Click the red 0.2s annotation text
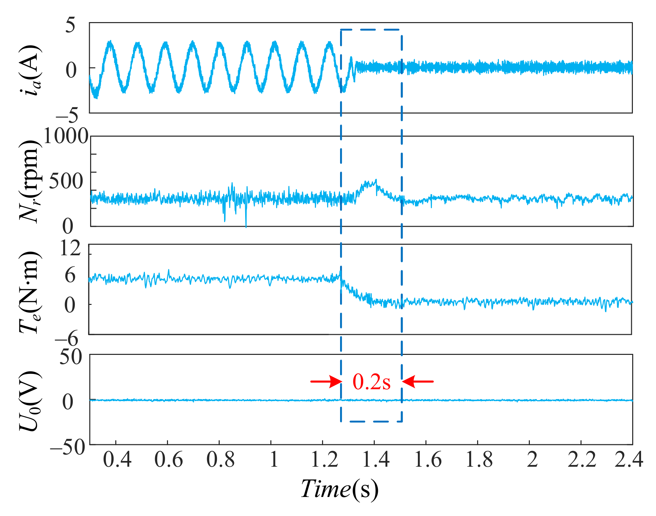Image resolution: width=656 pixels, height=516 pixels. pos(371,382)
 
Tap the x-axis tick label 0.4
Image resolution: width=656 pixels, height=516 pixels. pos(117,460)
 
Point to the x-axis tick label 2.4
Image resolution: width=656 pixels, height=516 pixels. pos(628,460)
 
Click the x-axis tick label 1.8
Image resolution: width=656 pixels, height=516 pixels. pos(479,460)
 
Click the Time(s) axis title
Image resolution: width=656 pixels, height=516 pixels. pos(339,489)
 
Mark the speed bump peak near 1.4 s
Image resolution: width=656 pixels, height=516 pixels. pos(375,180)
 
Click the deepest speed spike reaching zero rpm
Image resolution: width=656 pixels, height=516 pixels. pos(246,226)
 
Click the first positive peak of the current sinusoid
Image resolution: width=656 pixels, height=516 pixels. pos(110,41)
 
